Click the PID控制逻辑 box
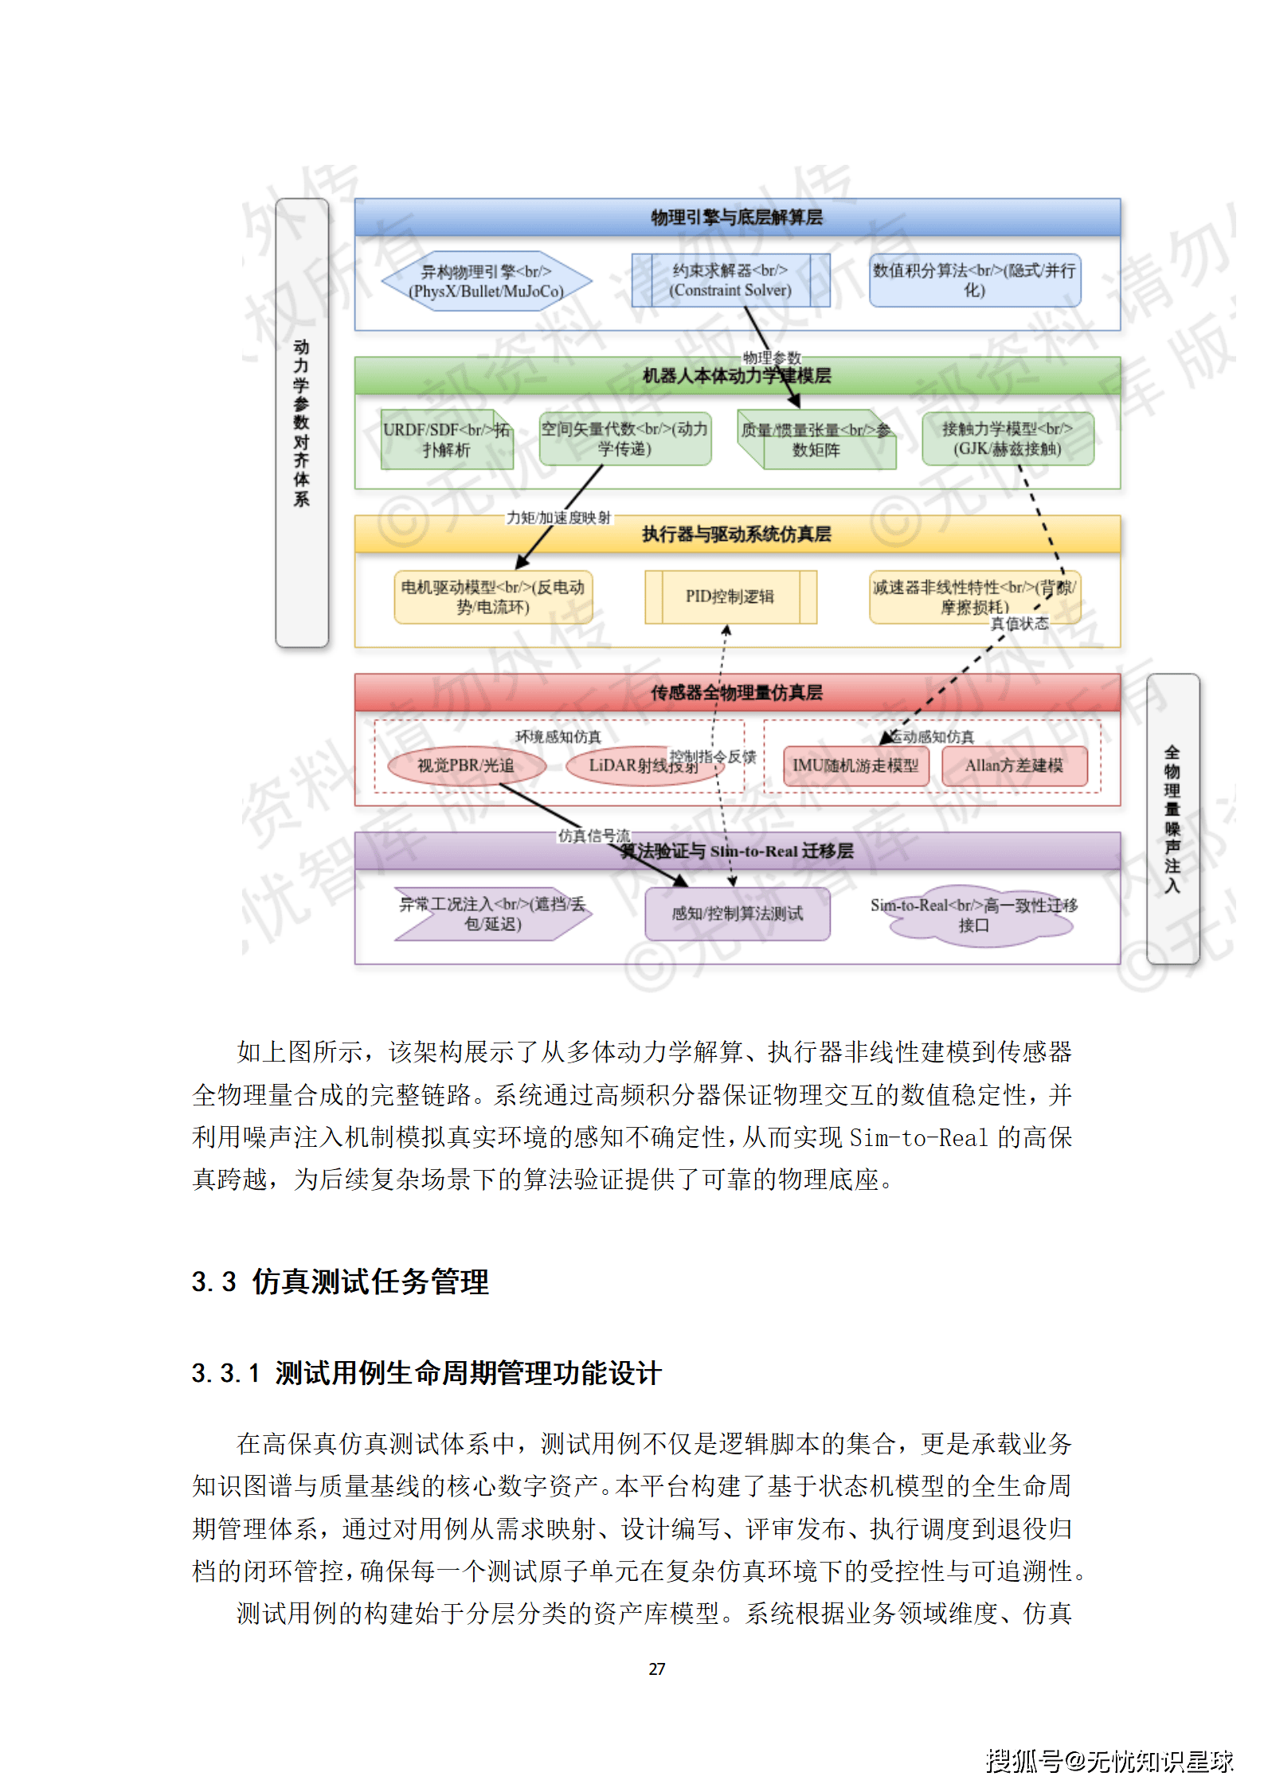click(x=730, y=597)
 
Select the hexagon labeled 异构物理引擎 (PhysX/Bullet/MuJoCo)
click(x=486, y=281)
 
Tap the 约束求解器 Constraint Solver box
click(x=730, y=280)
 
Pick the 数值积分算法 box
click(x=974, y=280)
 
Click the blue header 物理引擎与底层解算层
click(x=737, y=217)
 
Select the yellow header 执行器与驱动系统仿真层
click(x=737, y=534)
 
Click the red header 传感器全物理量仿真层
click(x=737, y=692)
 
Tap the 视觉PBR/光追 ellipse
click(x=466, y=765)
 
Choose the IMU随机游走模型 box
click(x=855, y=765)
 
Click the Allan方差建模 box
click(x=1014, y=765)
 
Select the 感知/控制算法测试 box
click(x=737, y=914)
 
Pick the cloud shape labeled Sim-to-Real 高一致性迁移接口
click(x=973, y=915)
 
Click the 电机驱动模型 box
click(x=493, y=597)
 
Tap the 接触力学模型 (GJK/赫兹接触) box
click(x=1007, y=439)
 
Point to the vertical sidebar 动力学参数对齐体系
click(x=302, y=422)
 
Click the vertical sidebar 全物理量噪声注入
click(x=1172, y=819)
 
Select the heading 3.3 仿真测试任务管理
click(x=340, y=1281)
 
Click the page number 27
click(x=656, y=1669)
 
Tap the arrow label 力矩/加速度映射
click(x=558, y=518)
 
